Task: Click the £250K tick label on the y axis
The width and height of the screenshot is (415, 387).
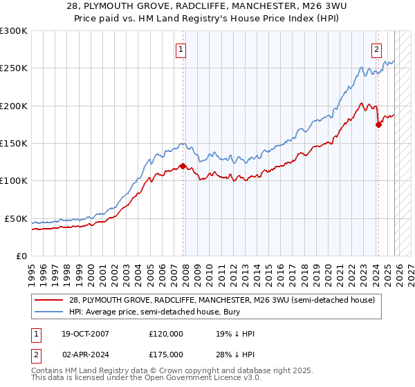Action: pyautogui.click(x=14, y=68)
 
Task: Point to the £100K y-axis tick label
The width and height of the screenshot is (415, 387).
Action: pyautogui.click(x=14, y=181)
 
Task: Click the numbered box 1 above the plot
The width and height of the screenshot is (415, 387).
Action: pyautogui.click(x=181, y=49)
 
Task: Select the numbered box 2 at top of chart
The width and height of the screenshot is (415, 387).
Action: pyautogui.click(x=376, y=49)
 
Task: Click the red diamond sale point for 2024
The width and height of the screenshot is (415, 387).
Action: pyautogui.click(x=378, y=124)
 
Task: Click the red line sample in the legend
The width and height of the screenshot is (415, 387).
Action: pyautogui.click(x=49, y=301)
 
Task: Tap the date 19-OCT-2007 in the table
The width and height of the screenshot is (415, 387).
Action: pyautogui.click(x=82, y=334)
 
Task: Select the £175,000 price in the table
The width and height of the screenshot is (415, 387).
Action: pyautogui.click(x=166, y=355)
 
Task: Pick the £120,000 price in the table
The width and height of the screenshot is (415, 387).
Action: pyautogui.click(x=166, y=334)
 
